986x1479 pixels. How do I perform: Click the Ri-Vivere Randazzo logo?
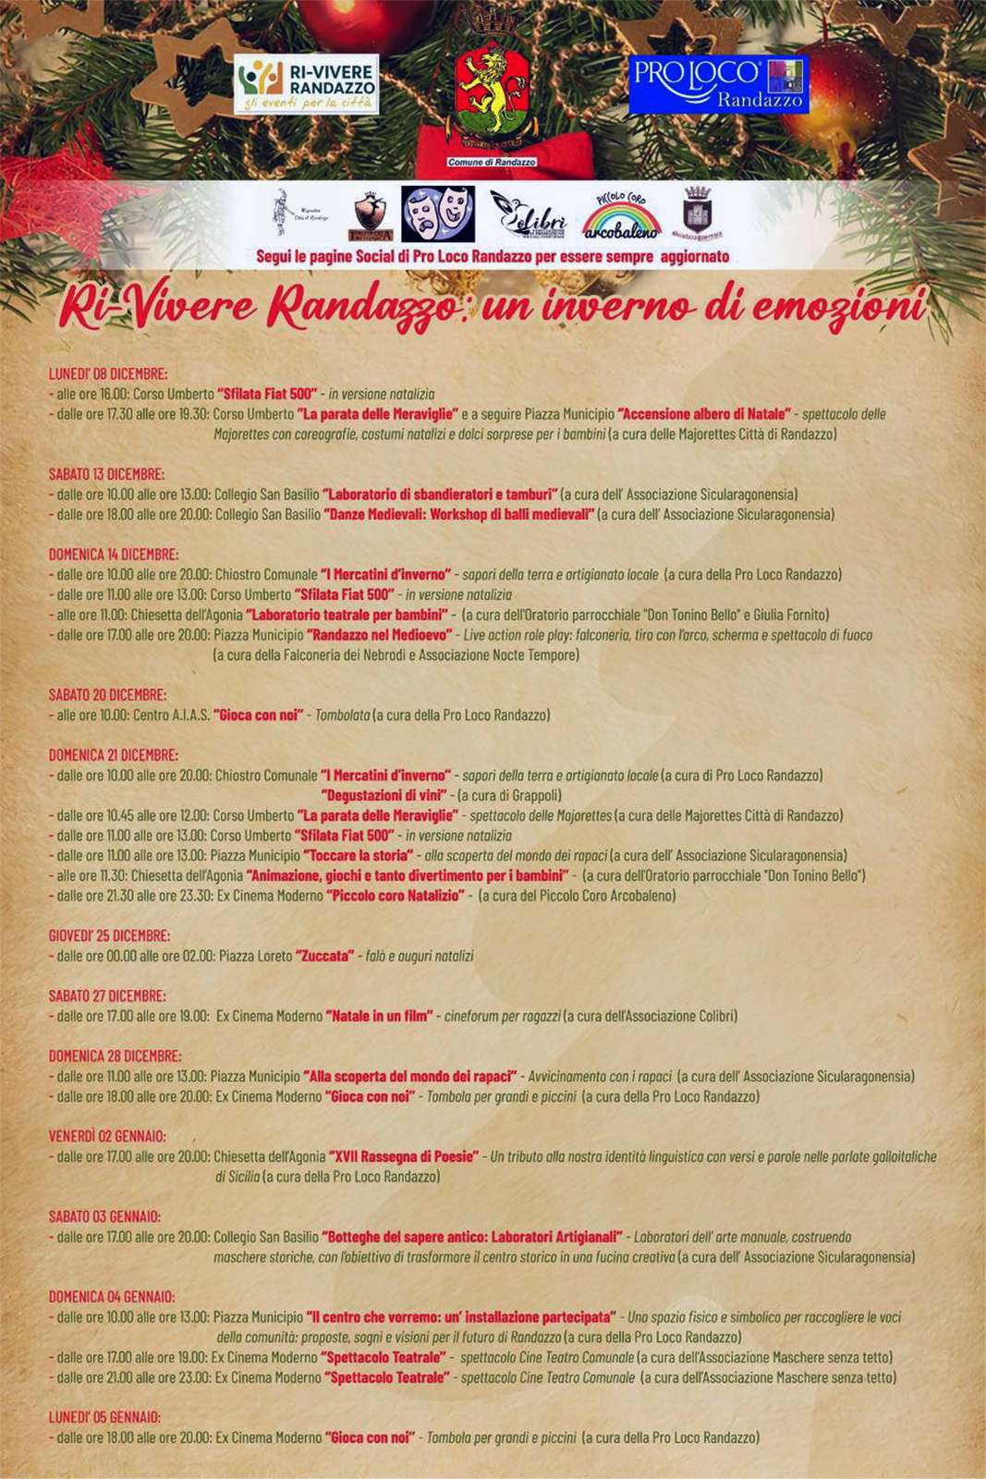tap(306, 84)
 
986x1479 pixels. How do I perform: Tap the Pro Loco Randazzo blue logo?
tap(718, 85)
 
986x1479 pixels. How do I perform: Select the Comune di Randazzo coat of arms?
tap(493, 97)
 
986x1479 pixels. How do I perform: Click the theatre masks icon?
tap(438, 214)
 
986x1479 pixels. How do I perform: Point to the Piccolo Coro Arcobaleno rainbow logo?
tap(621, 216)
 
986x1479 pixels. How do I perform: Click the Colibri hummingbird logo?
tap(528, 215)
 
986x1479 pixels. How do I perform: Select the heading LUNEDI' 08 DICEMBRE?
tap(108, 373)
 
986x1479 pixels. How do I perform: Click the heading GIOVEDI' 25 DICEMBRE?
tap(109, 935)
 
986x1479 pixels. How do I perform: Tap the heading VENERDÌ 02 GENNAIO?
tap(107, 1136)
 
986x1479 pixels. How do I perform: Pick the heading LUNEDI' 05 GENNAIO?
tap(104, 1417)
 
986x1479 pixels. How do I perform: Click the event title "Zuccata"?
tap(324, 956)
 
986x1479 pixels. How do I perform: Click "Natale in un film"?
tap(379, 1016)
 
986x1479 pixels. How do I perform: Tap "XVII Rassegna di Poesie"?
tap(404, 1156)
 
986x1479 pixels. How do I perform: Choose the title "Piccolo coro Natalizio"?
tap(396, 895)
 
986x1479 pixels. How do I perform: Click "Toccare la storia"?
tap(358, 855)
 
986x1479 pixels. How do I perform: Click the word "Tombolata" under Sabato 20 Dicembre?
tap(342, 715)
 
